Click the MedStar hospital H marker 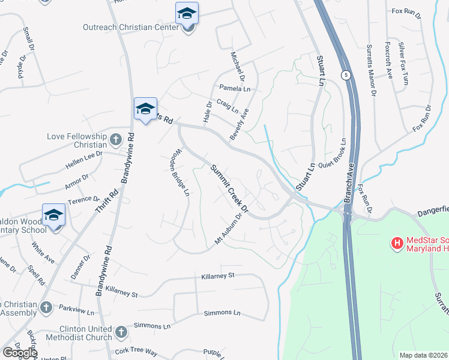[397, 243]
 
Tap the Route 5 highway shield [346, 75]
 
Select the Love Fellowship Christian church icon [116, 140]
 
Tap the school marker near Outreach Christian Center [187, 14]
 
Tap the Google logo [20, 353]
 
